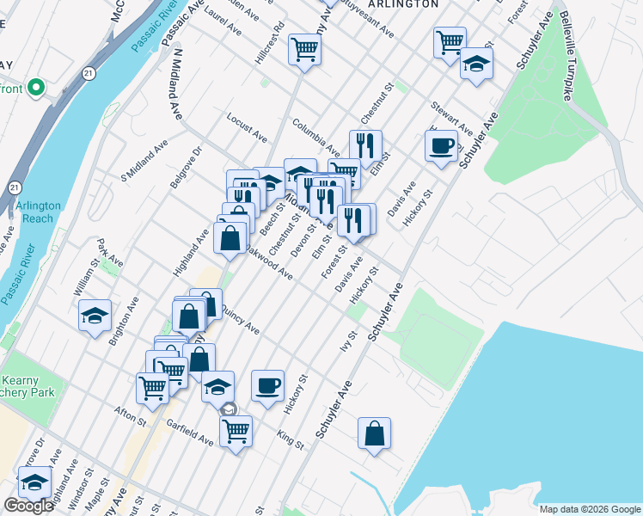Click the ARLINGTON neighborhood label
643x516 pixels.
tap(402, 4)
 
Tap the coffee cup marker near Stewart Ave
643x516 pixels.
tap(441, 146)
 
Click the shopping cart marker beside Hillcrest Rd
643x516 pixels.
tap(304, 50)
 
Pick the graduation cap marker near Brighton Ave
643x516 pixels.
tap(95, 315)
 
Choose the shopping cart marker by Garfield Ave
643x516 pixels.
tap(236, 430)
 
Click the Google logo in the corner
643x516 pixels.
tap(28, 506)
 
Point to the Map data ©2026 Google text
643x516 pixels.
tap(589, 509)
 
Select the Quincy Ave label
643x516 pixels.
tap(240, 319)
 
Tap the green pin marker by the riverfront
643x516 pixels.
tap(36, 87)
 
